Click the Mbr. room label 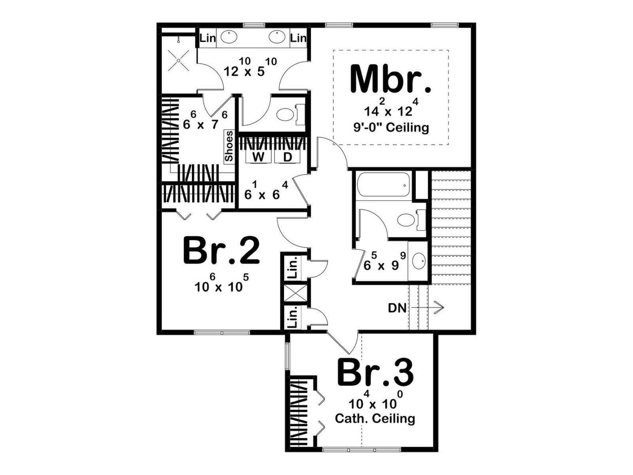[x=390, y=79]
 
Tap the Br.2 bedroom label [x=221, y=250]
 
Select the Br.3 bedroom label [x=375, y=372]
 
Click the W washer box [x=258, y=157]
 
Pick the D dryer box [x=287, y=157]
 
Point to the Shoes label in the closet [x=229, y=146]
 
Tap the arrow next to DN [x=427, y=308]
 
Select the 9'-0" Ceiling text [x=391, y=127]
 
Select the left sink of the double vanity [x=229, y=37]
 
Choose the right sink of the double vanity [x=277, y=37]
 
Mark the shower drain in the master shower [x=179, y=60]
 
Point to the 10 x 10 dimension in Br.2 [x=221, y=283]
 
